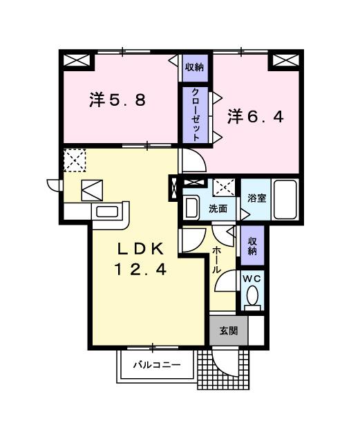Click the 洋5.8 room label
pos(117,100)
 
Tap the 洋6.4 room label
pos(256,117)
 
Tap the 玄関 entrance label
pos(228,331)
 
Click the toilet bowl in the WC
pos(252,296)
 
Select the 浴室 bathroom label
pos(257,198)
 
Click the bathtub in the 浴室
pos(285,199)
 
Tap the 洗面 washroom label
pos(219,208)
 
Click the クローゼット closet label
pos(196,115)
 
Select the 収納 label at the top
pos(194,67)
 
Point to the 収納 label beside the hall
pos(252,246)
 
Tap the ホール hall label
pos(217,261)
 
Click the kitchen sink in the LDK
pos(107,212)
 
